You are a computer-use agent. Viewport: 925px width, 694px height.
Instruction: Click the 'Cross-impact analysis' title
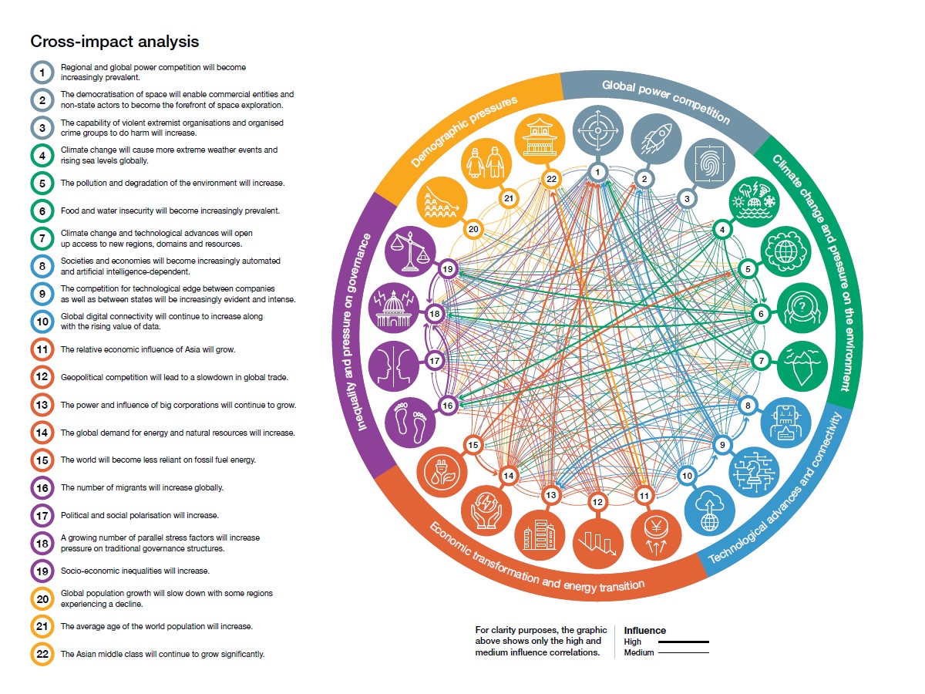(115, 42)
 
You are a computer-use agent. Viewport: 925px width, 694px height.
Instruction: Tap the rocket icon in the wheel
(656, 139)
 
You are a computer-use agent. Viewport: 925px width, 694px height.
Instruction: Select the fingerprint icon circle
(709, 163)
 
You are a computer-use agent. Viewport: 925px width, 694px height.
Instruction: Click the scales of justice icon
(410, 251)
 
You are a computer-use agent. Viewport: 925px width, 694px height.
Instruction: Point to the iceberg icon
(802, 366)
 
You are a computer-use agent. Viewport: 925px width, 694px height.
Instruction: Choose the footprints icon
(410, 423)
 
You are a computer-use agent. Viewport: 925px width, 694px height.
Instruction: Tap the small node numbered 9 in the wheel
(721, 445)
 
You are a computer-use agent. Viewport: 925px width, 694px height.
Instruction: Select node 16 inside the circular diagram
(448, 406)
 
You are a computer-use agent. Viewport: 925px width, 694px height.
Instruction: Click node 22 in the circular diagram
(551, 179)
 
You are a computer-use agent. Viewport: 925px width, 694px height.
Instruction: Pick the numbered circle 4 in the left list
(42, 156)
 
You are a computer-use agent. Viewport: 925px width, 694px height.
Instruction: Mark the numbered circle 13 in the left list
(42, 405)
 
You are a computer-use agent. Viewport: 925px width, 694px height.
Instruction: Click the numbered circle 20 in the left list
(42, 599)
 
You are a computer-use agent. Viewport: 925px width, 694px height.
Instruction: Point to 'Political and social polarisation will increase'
(140, 515)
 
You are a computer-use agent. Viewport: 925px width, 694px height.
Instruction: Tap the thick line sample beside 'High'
(683, 642)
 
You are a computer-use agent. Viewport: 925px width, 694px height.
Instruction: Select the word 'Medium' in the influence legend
(639, 652)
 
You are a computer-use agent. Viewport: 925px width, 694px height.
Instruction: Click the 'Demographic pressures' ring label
(464, 131)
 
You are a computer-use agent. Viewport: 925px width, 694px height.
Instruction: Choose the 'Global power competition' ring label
(666, 101)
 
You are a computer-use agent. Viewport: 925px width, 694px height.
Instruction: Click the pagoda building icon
(540, 139)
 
